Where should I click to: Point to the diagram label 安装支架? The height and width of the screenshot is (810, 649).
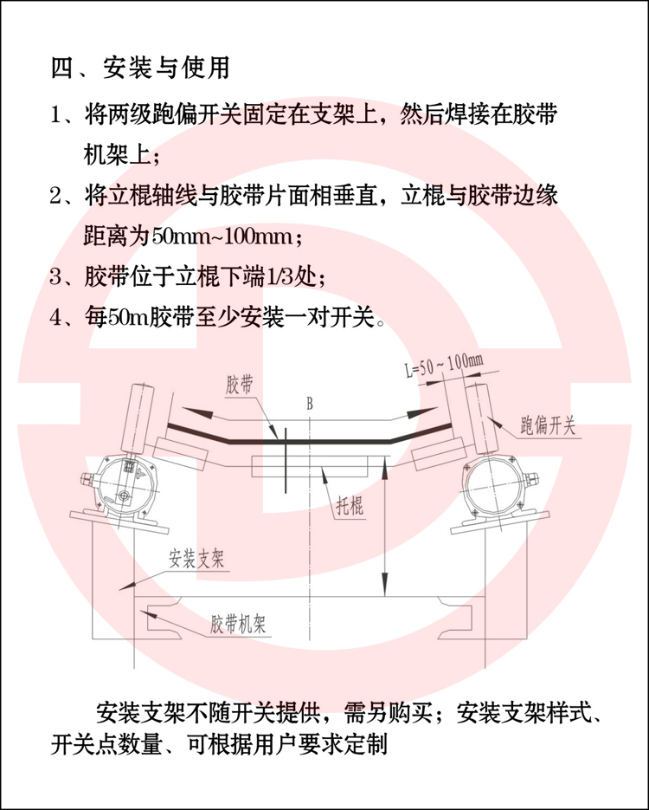(196, 560)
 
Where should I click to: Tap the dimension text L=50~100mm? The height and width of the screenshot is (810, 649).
(443, 366)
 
